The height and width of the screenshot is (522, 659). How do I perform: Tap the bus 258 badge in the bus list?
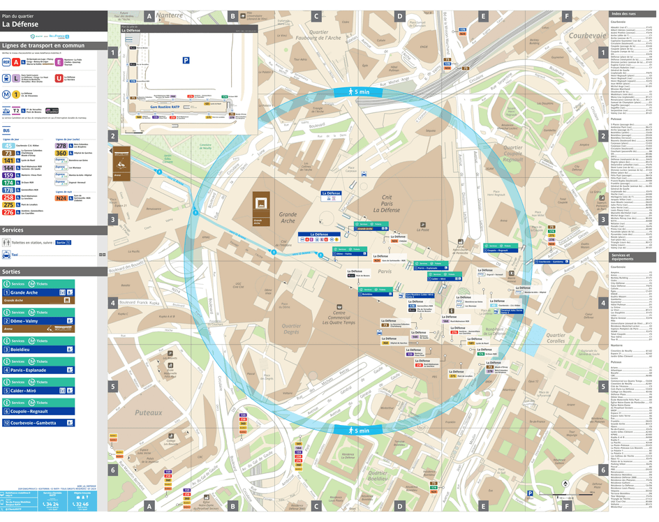[8, 197]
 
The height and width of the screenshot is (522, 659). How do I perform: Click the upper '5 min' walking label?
[362, 92]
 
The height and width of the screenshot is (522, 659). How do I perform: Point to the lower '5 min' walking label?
[362, 431]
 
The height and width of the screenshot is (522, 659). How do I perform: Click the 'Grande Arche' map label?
[288, 220]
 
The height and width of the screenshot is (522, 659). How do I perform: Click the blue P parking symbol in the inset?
[186, 61]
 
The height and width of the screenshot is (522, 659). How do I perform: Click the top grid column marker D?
[399, 15]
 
